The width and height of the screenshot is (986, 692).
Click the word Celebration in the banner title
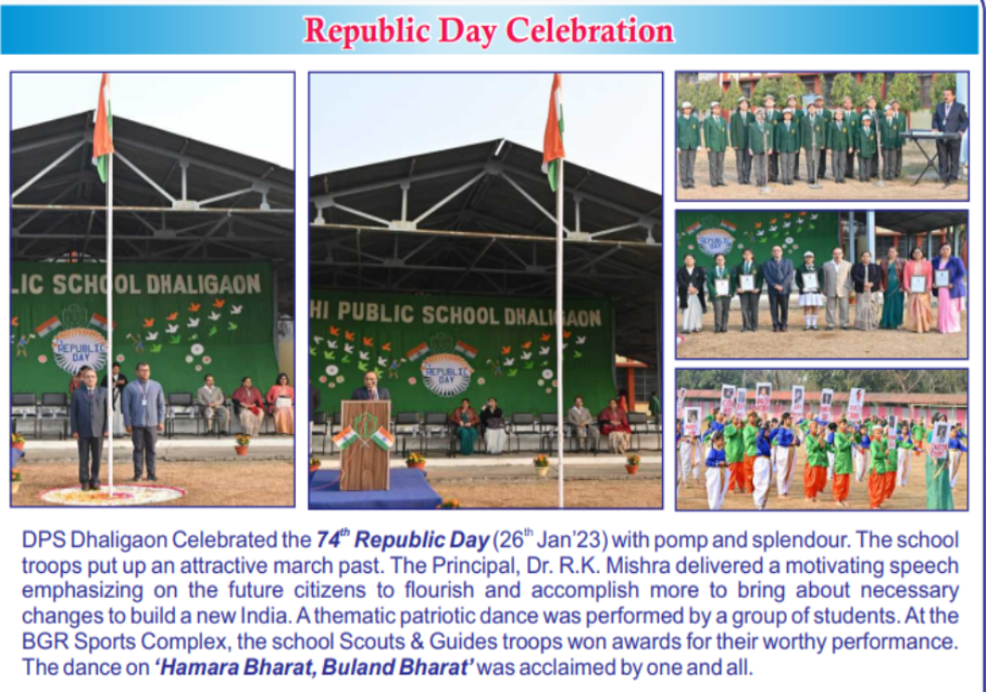[589, 30]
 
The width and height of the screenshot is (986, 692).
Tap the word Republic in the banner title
[367, 30]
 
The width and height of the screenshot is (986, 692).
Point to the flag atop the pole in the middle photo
[553, 132]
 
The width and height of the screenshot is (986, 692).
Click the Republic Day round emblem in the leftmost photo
[80, 351]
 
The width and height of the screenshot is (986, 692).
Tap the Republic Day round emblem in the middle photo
[446, 374]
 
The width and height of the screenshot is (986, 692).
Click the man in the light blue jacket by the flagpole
[144, 420]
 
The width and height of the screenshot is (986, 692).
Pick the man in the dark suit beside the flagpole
[89, 427]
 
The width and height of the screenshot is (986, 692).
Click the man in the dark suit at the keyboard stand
[948, 135]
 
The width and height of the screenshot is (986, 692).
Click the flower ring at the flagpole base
[112, 495]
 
